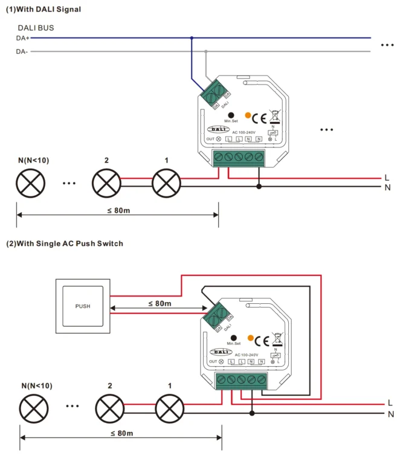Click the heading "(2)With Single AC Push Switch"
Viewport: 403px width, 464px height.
pyautogui.click(x=65, y=243)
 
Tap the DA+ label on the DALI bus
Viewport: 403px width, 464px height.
pyautogui.click(x=22, y=38)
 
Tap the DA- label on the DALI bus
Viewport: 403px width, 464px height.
pyautogui.click(x=22, y=51)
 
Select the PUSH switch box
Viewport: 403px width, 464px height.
pyautogui.click(x=83, y=306)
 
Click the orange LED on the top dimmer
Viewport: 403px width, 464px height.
pyautogui.click(x=248, y=115)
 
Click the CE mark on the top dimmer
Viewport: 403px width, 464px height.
pyautogui.click(x=259, y=118)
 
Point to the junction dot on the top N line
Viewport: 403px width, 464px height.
pyautogui.click(x=259, y=187)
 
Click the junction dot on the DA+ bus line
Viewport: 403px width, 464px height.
pyautogui.click(x=192, y=38)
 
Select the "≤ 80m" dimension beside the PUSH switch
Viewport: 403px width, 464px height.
pyautogui.click(x=160, y=303)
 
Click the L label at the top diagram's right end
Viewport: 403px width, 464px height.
pyautogui.click(x=387, y=178)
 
